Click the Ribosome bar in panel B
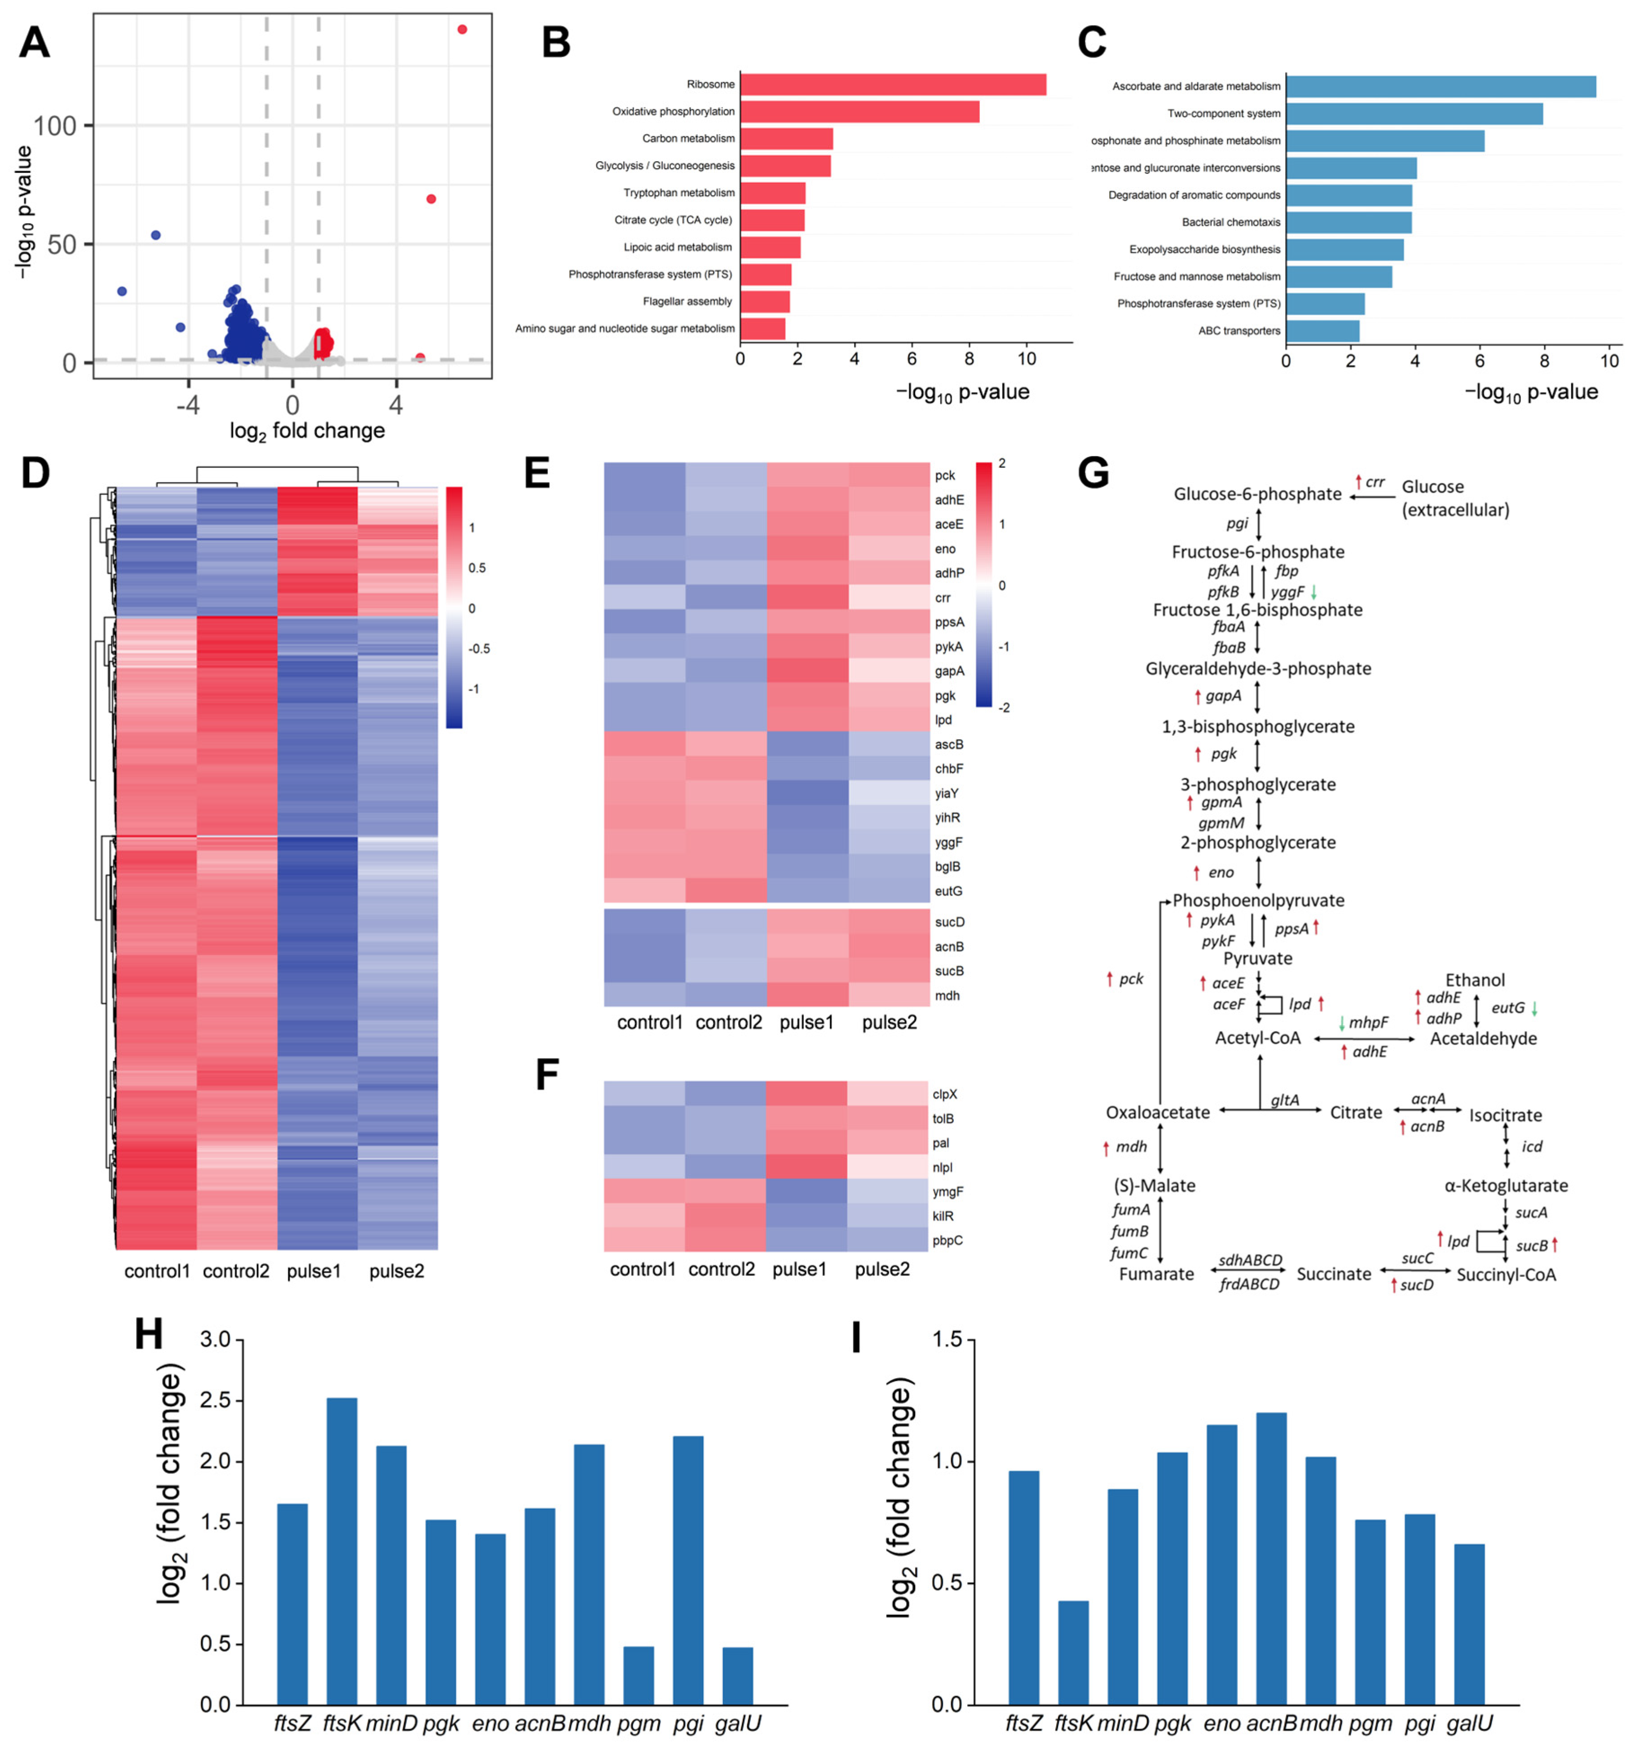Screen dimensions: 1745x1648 coord(893,84)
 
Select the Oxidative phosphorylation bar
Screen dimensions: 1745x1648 coord(859,111)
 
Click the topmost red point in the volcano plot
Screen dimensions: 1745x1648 coord(462,30)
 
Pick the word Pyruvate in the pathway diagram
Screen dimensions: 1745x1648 coord(1257,958)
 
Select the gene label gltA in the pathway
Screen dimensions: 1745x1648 coord(1284,1099)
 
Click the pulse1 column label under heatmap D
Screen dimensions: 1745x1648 coord(313,1271)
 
